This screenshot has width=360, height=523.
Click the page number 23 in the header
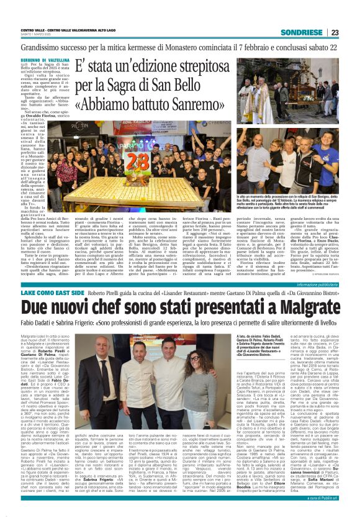click(335, 32)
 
